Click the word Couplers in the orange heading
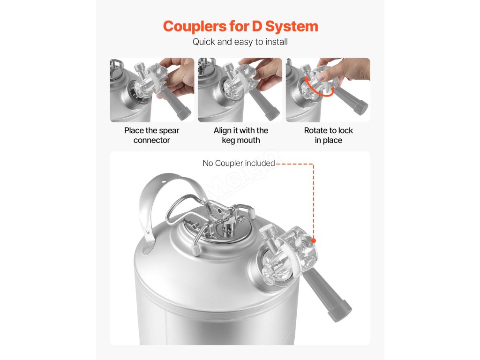pyautogui.click(x=195, y=27)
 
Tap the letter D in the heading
pyautogui.click(x=257, y=26)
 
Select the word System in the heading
pyautogui.click(x=292, y=27)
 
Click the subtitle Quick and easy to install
pyautogui.click(x=240, y=42)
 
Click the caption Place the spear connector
pyautogui.click(x=151, y=135)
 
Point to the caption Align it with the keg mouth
pyautogui.click(x=241, y=135)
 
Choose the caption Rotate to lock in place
pyautogui.click(x=329, y=135)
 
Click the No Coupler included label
pyautogui.click(x=239, y=163)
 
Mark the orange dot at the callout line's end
pyautogui.click(x=313, y=240)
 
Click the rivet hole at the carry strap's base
pyautogui.click(x=146, y=252)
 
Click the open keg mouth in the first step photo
pyautogui.click(x=136, y=93)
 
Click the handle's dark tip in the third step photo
pyautogui.click(x=360, y=107)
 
